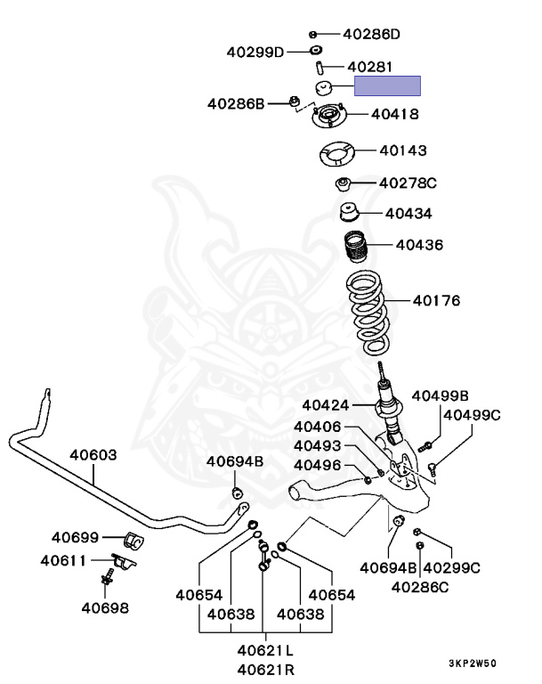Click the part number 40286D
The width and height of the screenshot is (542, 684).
[x=371, y=35]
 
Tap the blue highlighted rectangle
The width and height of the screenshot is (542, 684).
[x=387, y=86]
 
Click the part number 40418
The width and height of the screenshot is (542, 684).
[x=394, y=114]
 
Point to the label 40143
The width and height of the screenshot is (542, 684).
[x=402, y=151]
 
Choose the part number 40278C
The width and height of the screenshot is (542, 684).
[x=408, y=183]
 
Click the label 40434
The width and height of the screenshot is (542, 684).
[x=409, y=214]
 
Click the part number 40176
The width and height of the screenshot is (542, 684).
[x=436, y=300]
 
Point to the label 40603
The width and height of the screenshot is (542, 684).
[x=93, y=454]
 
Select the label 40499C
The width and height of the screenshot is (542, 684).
[x=472, y=414]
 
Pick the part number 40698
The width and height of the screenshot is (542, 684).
[x=105, y=608]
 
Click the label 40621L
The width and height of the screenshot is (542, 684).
[x=266, y=650]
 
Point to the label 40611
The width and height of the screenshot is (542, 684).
[x=63, y=561]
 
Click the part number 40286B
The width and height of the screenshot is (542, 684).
[x=236, y=104]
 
